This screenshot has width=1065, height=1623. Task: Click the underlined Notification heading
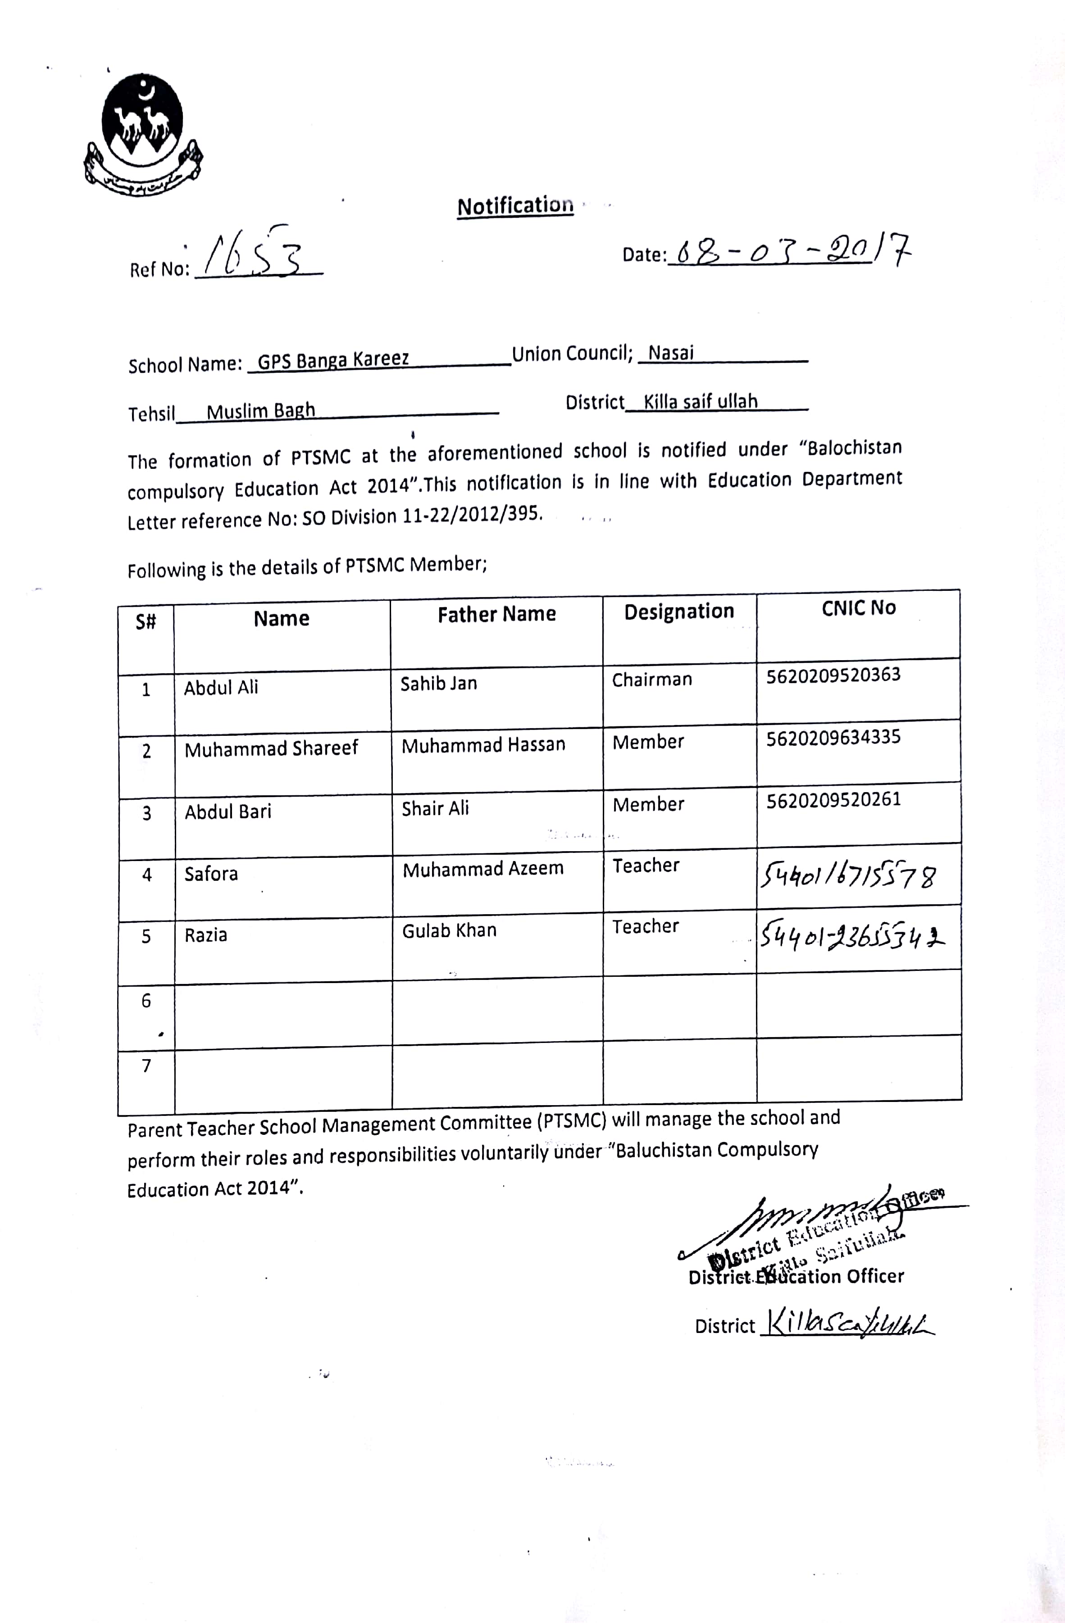[515, 206]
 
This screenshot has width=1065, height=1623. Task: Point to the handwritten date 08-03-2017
[792, 250]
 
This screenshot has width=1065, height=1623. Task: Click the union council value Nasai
[671, 353]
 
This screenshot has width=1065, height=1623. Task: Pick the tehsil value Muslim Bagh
[261, 411]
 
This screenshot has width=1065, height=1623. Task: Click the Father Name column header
[496, 614]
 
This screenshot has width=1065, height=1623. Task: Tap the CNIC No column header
[858, 607]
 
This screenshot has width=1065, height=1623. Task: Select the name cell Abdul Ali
[221, 687]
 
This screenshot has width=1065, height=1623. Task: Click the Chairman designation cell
[651, 680]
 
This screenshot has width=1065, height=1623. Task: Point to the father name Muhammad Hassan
[483, 745]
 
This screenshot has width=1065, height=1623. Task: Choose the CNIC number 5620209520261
[833, 800]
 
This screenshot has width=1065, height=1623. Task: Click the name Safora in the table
[211, 874]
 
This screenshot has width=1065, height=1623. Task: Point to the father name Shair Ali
[435, 809]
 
